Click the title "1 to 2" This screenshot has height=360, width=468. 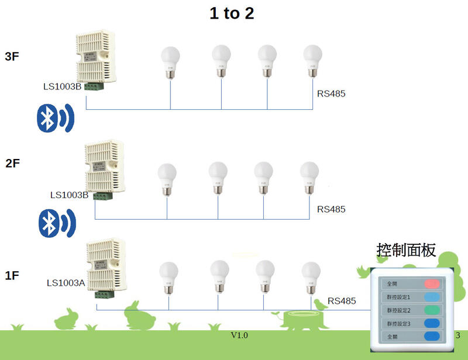coord(232,13)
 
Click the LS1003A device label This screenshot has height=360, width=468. coord(66,283)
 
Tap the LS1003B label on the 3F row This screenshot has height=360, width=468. coord(63,87)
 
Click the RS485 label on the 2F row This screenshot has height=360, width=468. coord(331,209)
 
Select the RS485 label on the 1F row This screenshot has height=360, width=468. coord(342,301)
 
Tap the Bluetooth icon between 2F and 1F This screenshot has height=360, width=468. coord(56,222)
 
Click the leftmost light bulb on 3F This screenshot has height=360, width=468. coord(170,62)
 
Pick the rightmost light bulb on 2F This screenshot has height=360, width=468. coord(309,177)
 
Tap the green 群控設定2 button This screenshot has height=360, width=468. coord(433,310)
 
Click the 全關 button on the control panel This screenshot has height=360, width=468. coord(433,337)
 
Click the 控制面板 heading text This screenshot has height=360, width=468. coord(406,250)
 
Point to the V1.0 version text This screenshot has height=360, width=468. coord(239,335)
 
